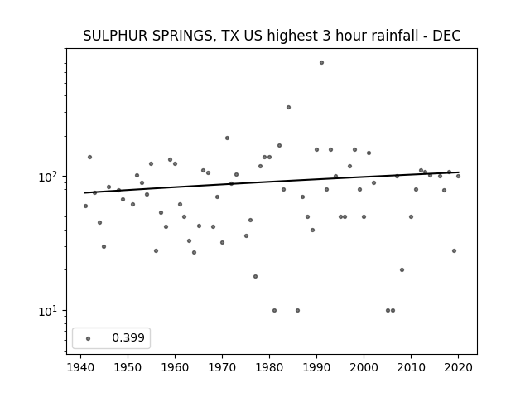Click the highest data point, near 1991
click(321, 63)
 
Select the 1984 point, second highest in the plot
click(288, 107)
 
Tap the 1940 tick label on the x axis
click(80, 368)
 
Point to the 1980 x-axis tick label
click(269, 368)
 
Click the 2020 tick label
click(458, 368)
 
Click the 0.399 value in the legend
click(128, 337)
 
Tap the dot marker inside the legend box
click(89, 338)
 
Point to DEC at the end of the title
click(446, 36)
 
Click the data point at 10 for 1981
click(274, 310)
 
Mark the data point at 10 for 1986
click(297, 310)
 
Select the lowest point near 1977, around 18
click(255, 276)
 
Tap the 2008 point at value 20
click(402, 269)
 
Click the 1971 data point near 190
click(227, 138)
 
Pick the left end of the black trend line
click(84, 192)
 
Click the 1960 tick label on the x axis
click(175, 368)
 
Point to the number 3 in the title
click(325, 36)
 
